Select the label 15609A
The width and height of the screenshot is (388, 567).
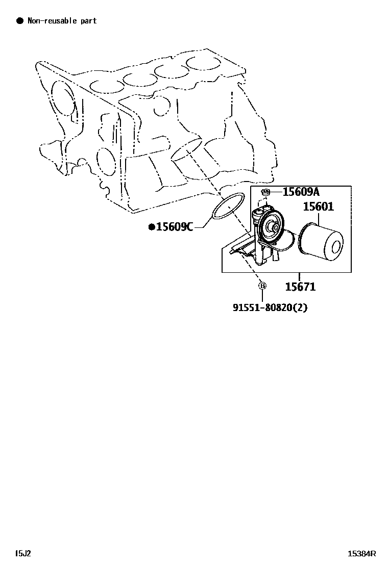301,192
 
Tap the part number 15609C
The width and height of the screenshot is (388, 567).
174,227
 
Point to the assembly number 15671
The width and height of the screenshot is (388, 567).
300,287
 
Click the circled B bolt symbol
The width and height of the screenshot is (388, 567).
262,286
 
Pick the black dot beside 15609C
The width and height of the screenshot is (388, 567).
152,227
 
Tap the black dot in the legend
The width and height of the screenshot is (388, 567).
20,21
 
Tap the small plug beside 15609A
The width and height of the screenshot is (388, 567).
265,192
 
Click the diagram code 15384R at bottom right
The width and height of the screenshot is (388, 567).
362,553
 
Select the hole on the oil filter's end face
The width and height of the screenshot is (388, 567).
336,247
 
